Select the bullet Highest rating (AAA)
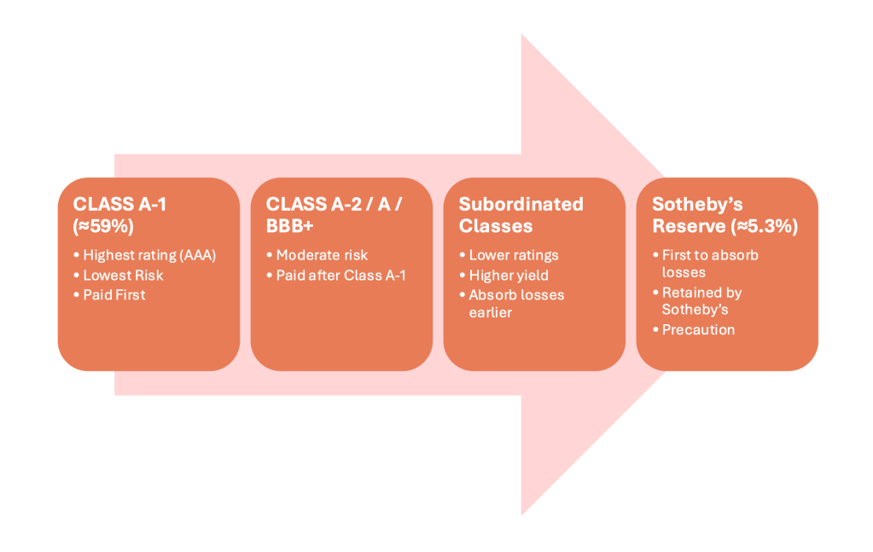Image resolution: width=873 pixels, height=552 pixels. pyautogui.click(x=148, y=255)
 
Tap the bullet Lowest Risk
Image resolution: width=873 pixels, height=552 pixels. pyautogui.click(x=123, y=275)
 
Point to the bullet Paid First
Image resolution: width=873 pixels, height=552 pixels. pyautogui.click(x=114, y=295)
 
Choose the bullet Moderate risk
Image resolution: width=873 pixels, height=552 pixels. pyautogui.click(x=323, y=255)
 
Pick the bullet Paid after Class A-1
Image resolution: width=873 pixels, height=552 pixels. pyautogui.click(x=340, y=275)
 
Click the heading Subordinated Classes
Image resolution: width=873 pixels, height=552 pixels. pyautogui.click(x=521, y=215)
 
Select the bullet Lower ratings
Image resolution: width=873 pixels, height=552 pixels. pyautogui.click(x=514, y=255)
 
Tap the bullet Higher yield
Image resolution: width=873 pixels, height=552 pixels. pyautogui.click(x=509, y=275)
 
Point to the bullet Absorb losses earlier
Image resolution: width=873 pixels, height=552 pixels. pyautogui.click(x=516, y=303)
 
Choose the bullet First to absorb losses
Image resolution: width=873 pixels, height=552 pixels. pyautogui.click(x=710, y=263)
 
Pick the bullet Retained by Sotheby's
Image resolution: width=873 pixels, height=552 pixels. pyautogui.click(x=701, y=300)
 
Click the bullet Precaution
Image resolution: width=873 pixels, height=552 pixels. pyautogui.click(x=698, y=329)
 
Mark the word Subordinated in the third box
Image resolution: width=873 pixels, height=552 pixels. pyautogui.click(x=521, y=204)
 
